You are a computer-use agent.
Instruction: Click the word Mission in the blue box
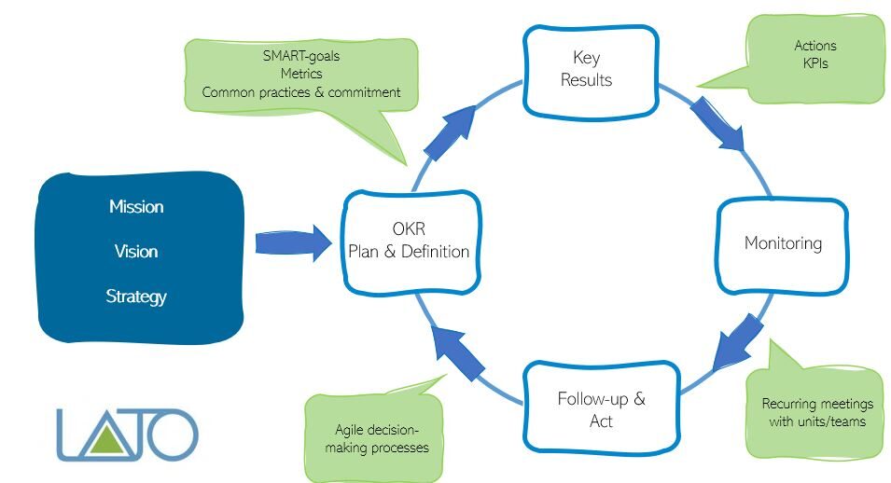[136, 206]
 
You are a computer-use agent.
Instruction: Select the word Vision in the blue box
[136, 251]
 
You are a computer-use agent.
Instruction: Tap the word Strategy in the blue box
[136, 297]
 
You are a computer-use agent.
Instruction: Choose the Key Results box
[586, 69]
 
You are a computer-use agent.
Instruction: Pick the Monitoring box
[782, 243]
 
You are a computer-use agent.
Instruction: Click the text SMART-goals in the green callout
[300, 55]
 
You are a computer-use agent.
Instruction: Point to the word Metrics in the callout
[300, 74]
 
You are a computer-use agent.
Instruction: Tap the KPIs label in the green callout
[814, 64]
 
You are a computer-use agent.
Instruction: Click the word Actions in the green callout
[814, 46]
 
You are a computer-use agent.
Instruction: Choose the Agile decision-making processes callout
[381, 438]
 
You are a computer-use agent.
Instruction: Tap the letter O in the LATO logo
[175, 436]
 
